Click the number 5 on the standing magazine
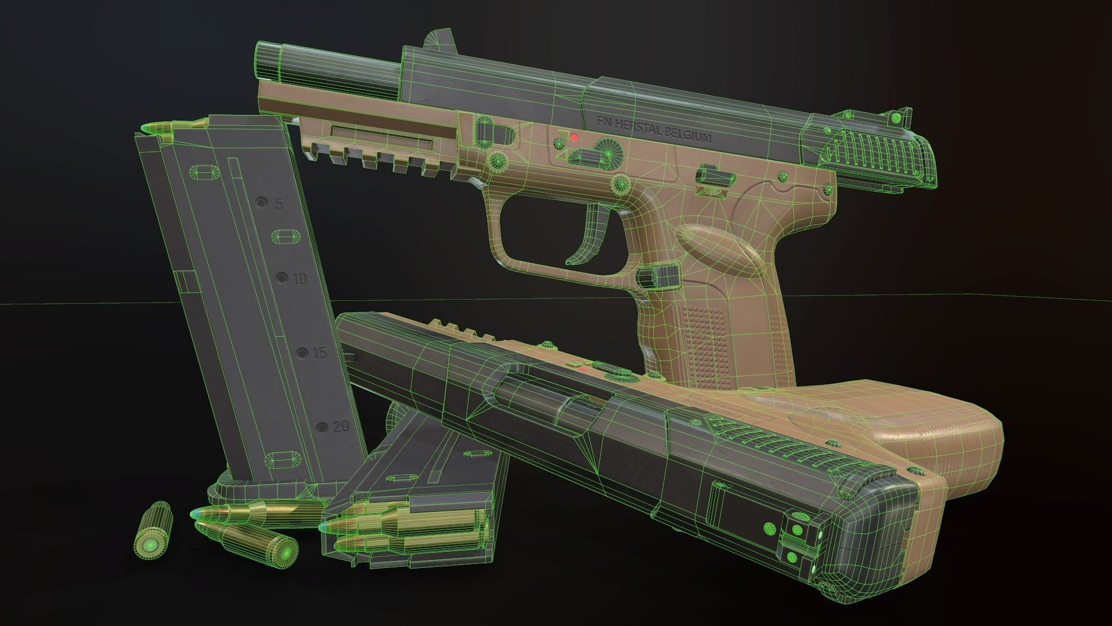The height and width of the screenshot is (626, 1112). [x=279, y=203]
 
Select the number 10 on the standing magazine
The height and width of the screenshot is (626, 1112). [x=300, y=279]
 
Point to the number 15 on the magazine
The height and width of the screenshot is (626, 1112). [x=319, y=353]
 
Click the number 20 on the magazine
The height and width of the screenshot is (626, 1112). [x=341, y=428]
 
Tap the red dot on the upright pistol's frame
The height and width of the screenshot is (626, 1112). [x=574, y=137]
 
